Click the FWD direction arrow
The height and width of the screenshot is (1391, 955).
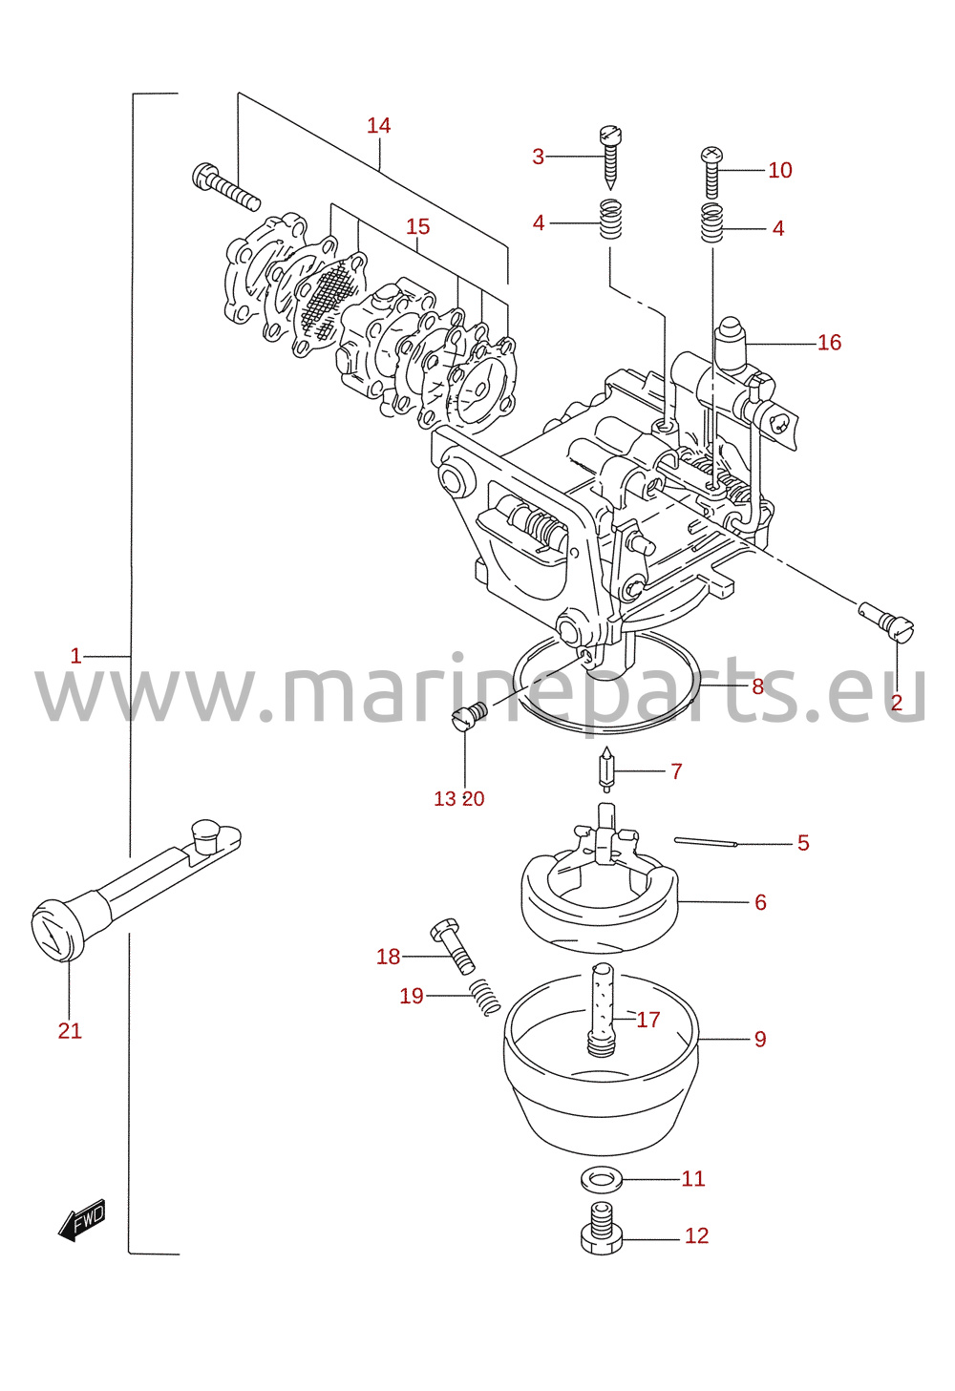point(82,1220)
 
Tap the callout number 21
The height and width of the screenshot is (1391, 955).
point(70,1031)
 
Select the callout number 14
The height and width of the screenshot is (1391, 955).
point(378,125)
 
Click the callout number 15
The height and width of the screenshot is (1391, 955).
point(417,226)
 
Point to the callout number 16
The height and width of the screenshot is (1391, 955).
point(829,342)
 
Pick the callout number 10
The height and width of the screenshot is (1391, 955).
point(780,170)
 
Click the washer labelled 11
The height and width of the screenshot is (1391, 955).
point(602,1179)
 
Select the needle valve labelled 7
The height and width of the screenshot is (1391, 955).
point(606,769)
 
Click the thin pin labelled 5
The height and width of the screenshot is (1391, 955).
point(705,842)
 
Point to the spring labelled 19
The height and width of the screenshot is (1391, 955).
point(484,997)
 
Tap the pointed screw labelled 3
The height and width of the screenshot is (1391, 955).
point(611,158)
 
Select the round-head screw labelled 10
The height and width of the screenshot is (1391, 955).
point(712,172)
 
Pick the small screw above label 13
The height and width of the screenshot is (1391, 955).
point(471,716)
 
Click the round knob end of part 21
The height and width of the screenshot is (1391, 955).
point(57,930)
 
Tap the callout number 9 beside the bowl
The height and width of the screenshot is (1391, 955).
point(760,1039)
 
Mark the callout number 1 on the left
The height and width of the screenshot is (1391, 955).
point(75,656)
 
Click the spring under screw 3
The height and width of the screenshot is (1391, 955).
point(610,219)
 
